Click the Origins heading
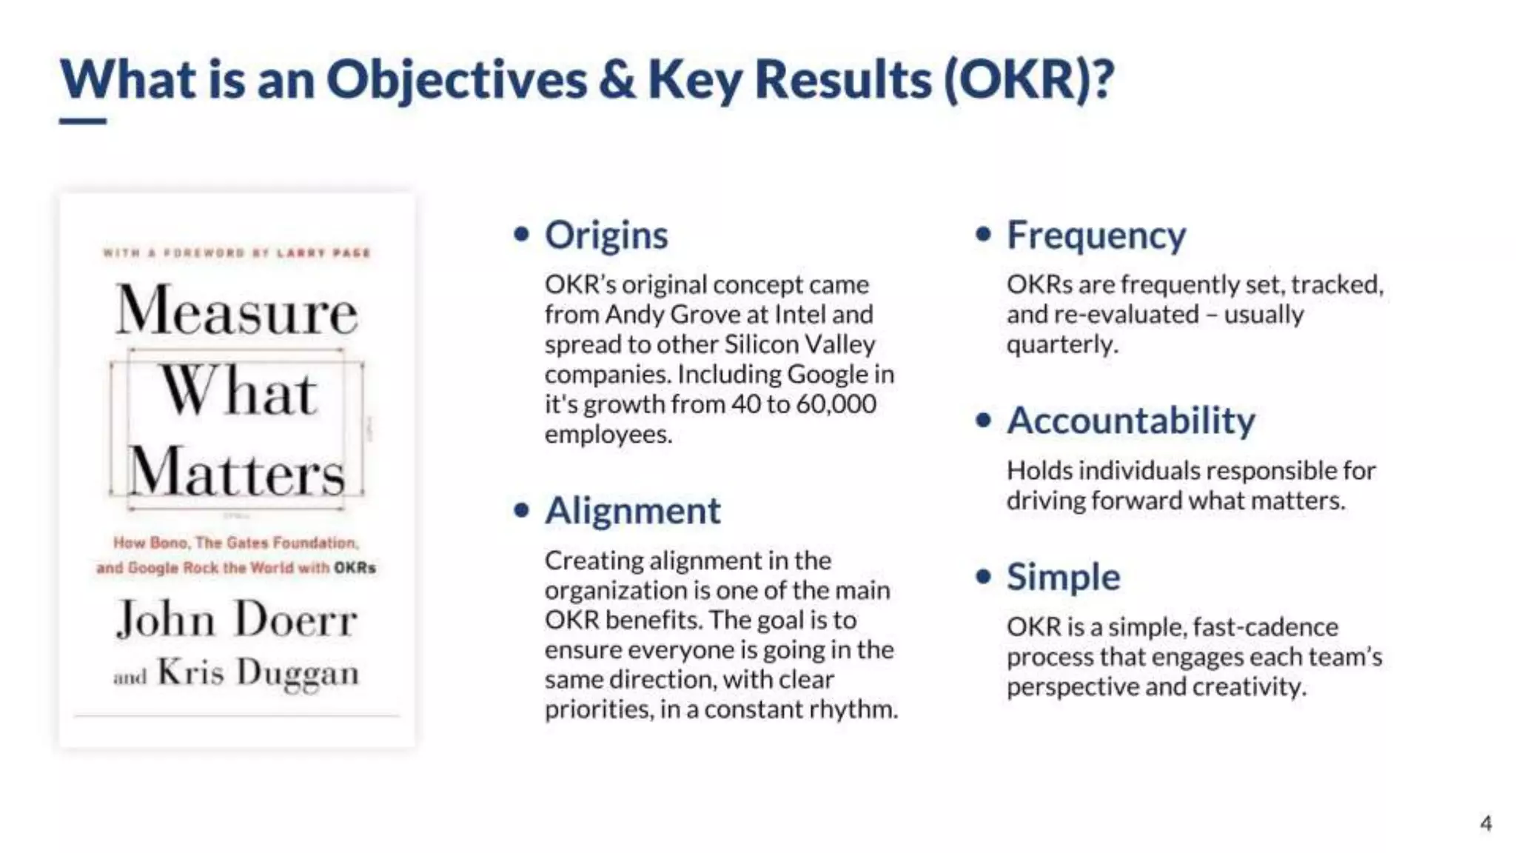point(606,235)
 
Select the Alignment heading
point(632,511)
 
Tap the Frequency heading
point(1096,235)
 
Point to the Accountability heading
point(1130,421)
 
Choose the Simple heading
point(1063,577)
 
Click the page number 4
point(1485,823)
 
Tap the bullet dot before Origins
point(522,235)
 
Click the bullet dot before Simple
point(983,577)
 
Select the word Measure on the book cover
point(237,311)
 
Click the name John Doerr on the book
point(237,619)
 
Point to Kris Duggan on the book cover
point(258,672)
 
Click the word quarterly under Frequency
point(1060,344)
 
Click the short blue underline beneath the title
point(82,121)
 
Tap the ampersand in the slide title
point(617,80)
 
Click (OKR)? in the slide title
point(1028,80)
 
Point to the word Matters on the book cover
point(237,472)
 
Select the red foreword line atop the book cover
point(237,253)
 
